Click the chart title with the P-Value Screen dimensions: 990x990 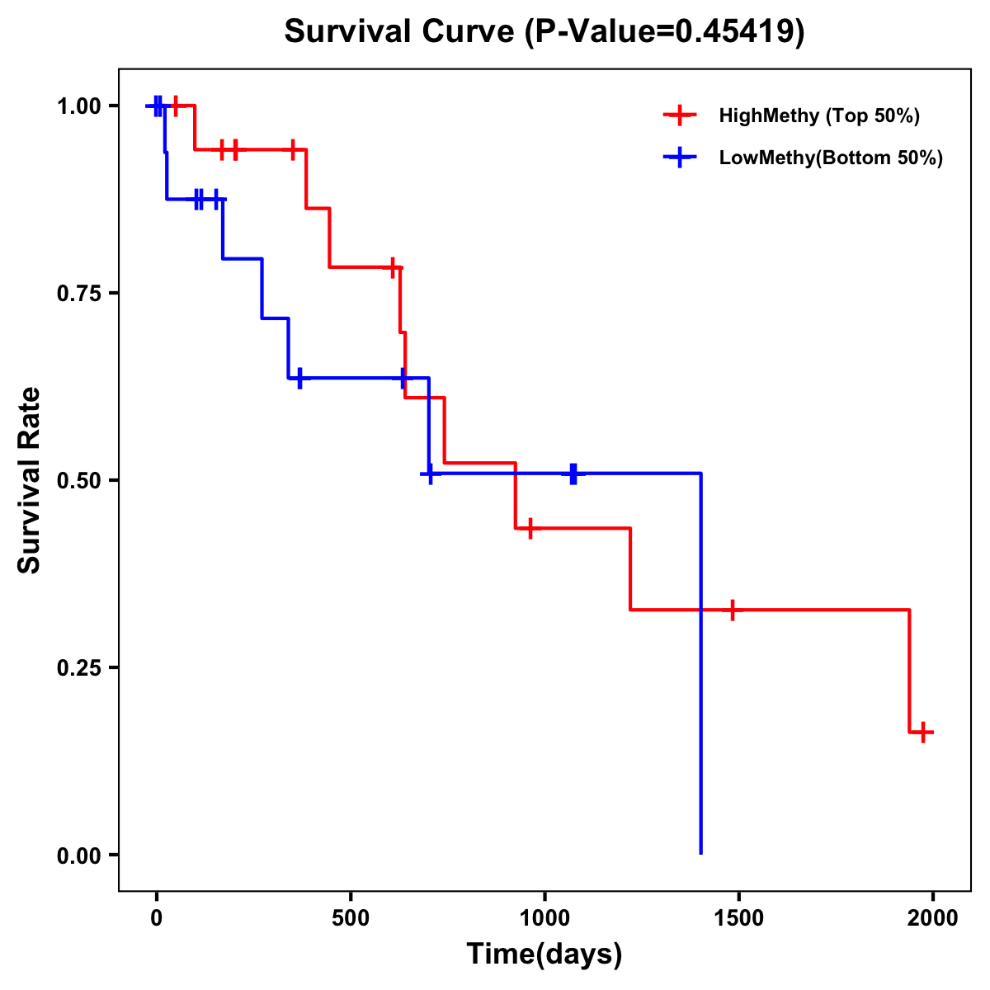(x=544, y=31)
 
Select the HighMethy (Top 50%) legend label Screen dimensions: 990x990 (x=819, y=115)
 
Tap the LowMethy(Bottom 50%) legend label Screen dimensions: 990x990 (x=831, y=158)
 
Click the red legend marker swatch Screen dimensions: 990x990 (x=680, y=115)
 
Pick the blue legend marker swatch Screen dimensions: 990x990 (x=680, y=158)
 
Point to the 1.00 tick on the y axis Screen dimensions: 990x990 (x=79, y=106)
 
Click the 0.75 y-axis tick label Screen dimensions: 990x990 (x=79, y=294)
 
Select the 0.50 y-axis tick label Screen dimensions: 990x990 (x=79, y=481)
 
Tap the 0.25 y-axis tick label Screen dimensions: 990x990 (x=79, y=668)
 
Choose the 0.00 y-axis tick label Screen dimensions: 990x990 (x=79, y=856)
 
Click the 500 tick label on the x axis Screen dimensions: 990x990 (x=351, y=919)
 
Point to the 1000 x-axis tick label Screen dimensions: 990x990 (x=544, y=919)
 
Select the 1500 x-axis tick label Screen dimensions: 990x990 (x=738, y=919)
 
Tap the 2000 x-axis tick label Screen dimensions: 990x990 (x=932, y=919)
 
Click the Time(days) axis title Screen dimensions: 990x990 (x=544, y=954)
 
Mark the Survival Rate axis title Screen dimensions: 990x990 (x=30, y=480)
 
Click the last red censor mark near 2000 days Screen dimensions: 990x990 (x=923, y=732)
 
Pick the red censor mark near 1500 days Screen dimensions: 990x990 (x=732, y=610)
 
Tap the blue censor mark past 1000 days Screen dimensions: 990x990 (x=573, y=474)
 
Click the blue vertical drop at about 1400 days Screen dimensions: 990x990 (x=700, y=660)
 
